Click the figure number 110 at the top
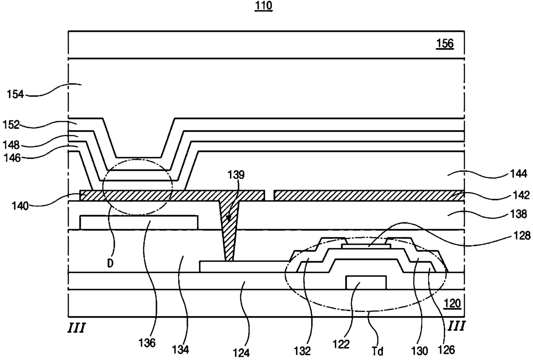[x=263, y=6]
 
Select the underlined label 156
[x=445, y=43]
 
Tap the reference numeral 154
[x=15, y=95]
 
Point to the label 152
[x=11, y=125]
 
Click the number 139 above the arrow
[x=236, y=175]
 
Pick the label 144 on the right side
[x=519, y=174]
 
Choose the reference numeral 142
[x=521, y=195]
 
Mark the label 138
[x=519, y=214]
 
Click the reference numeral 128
[x=522, y=236]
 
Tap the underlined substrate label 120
[x=452, y=304]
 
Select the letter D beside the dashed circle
[x=110, y=263]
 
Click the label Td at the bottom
[x=378, y=351]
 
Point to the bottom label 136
[x=147, y=343]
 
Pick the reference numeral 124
[x=241, y=353]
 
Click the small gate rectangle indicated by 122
[x=366, y=283]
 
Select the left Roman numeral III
[x=77, y=328]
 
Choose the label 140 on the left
[x=20, y=206]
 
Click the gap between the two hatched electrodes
[x=270, y=195]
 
